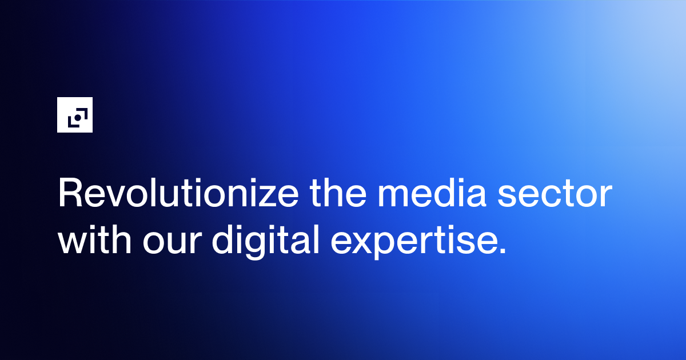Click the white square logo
pyautogui.click(x=75, y=115)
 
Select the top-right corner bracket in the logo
pyautogui.click(x=81, y=111)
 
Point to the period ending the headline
pyautogui.click(x=502, y=251)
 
